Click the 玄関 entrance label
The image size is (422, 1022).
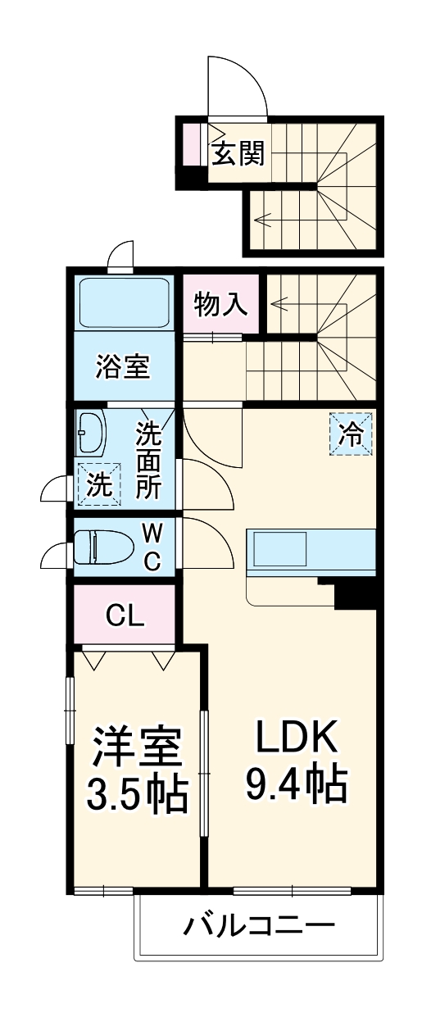coord(238,152)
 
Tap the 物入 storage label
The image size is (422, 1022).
coord(220,304)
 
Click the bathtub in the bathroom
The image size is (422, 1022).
coord(123,302)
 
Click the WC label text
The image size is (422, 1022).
coord(153,547)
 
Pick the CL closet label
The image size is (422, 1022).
coord(125,615)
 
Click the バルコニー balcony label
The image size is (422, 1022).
coord(258,927)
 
